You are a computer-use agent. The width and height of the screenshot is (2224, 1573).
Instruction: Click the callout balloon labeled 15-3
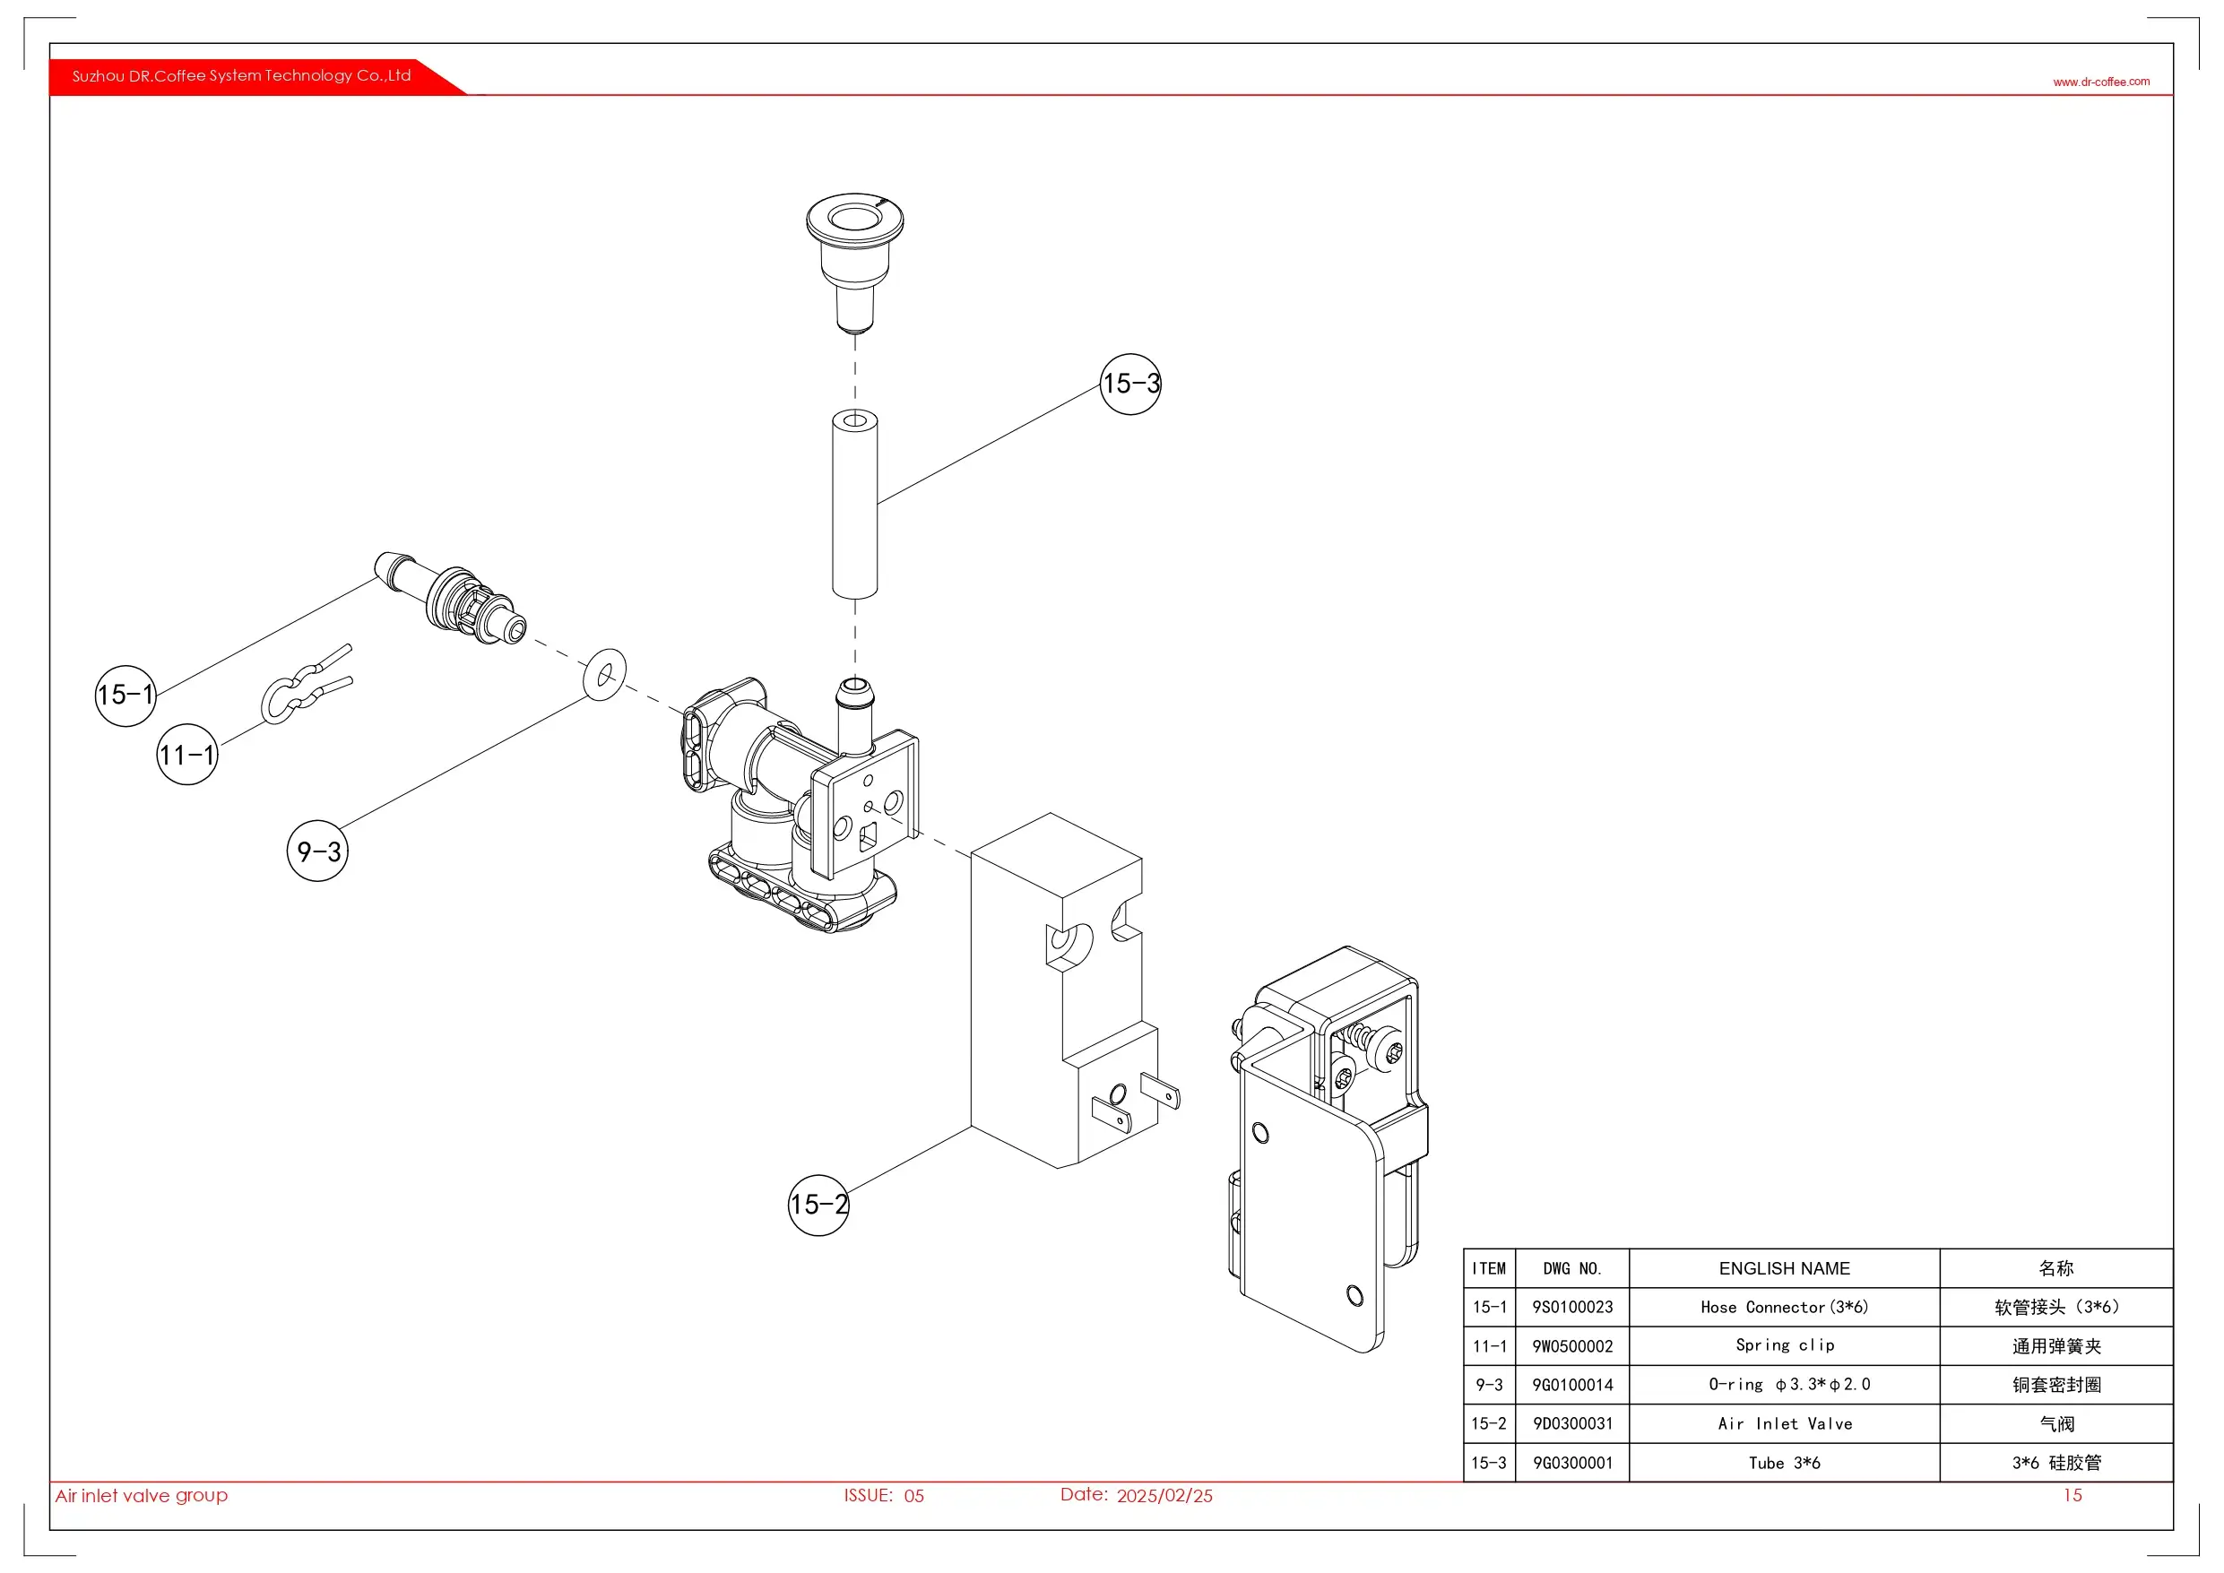click(x=1129, y=385)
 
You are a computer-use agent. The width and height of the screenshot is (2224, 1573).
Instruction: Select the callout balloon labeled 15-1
click(x=125, y=696)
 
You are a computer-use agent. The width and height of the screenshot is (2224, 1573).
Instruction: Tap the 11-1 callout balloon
click(x=187, y=755)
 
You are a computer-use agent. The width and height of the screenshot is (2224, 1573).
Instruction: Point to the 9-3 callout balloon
click(x=317, y=851)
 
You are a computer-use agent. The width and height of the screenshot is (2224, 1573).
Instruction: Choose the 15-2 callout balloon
click(x=818, y=1205)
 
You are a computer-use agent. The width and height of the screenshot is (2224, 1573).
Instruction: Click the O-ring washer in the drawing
click(x=604, y=674)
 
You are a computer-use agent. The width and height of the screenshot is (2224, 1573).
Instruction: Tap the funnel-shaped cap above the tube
click(x=854, y=256)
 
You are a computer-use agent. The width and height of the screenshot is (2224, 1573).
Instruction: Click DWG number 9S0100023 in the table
click(x=1572, y=1308)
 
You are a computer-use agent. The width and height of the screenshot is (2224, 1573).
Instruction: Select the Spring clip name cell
click(x=1784, y=1345)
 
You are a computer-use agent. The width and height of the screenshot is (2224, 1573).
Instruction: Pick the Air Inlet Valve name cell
click(x=1784, y=1424)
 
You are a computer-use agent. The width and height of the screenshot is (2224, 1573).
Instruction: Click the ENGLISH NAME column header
click(x=1784, y=1269)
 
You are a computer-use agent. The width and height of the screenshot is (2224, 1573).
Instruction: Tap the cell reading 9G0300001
click(x=1572, y=1464)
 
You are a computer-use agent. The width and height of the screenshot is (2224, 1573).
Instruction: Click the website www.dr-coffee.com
click(x=2101, y=82)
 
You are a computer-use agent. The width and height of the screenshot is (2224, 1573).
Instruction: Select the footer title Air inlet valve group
click(x=142, y=1496)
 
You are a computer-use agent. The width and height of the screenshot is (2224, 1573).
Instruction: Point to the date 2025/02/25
click(x=1164, y=1497)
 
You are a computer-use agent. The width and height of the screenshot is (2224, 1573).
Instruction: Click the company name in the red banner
click(x=241, y=75)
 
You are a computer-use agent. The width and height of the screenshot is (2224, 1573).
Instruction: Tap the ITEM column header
click(x=1489, y=1269)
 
